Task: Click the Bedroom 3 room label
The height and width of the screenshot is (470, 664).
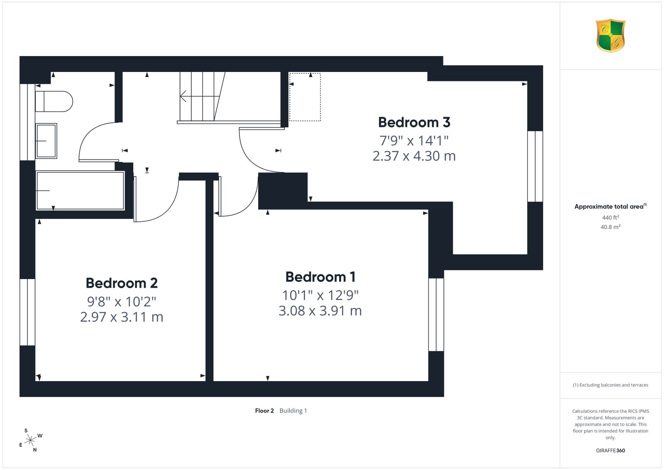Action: [414, 122]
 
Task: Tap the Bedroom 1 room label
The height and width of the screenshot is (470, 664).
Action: [320, 277]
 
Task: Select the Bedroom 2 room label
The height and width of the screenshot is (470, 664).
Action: [122, 283]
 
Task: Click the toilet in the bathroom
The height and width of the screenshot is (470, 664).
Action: [54, 101]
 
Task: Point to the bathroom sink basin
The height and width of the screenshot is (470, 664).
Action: [46, 141]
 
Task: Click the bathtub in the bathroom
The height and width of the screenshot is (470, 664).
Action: [80, 191]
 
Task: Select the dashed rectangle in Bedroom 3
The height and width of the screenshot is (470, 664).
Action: [305, 97]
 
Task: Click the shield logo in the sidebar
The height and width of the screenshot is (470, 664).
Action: [610, 36]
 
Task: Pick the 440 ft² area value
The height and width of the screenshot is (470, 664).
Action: [610, 218]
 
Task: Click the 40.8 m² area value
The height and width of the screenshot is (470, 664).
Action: [610, 227]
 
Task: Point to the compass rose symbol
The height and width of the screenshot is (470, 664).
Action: [30, 441]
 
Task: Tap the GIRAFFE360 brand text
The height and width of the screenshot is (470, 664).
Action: [610, 450]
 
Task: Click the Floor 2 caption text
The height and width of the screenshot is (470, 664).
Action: [264, 411]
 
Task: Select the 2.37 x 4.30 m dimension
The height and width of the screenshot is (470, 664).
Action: [414, 156]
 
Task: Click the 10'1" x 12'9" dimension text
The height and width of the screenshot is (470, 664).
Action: [320, 295]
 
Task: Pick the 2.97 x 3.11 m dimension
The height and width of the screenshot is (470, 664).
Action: [122, 317]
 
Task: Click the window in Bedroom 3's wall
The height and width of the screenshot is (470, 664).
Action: [535, 166]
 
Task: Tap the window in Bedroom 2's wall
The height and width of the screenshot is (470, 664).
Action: [27, 312]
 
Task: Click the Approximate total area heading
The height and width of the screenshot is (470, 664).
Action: [610, 206]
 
